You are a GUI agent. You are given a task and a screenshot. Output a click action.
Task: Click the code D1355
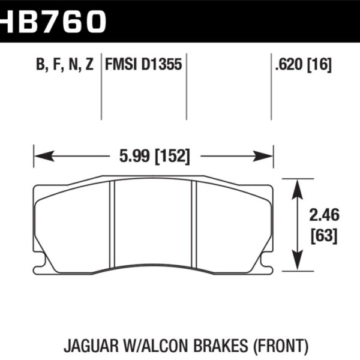[x=161, y=65]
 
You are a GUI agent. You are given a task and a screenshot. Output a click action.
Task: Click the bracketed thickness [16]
[x=320, y=65]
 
